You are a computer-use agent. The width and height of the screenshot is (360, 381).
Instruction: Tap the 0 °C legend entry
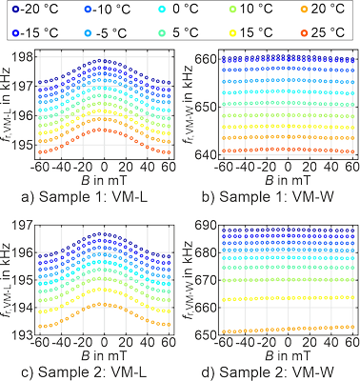click(176, 10)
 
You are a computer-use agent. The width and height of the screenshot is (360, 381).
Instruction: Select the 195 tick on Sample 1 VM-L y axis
click(38, 146)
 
